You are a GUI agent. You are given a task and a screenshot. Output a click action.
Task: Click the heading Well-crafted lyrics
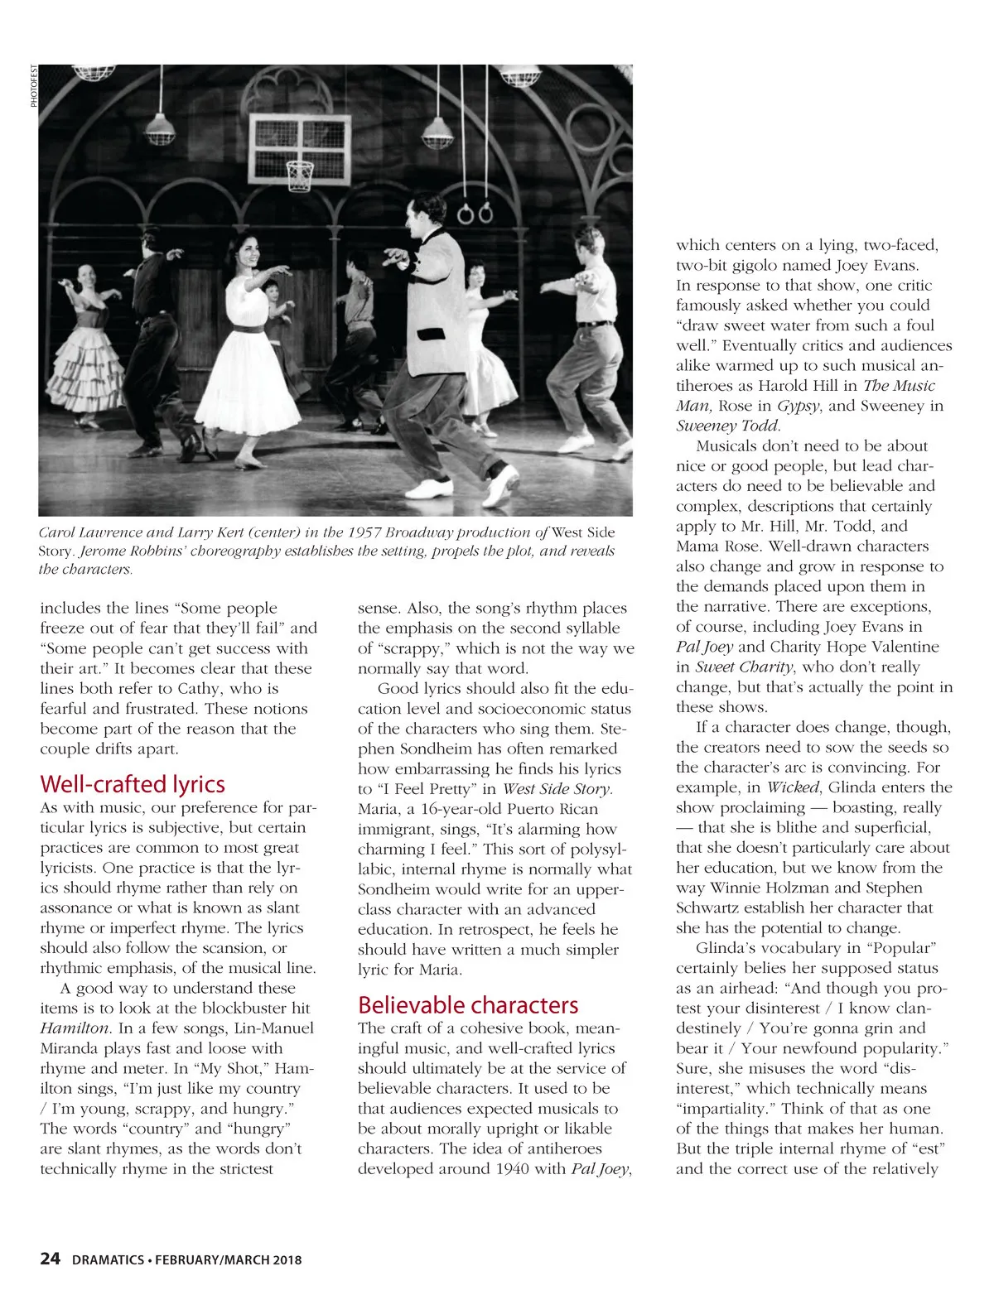pyautogui.click(x=133, y=783)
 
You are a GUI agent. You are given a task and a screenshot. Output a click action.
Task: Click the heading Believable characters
pyautogui.click(x=468, y=1004)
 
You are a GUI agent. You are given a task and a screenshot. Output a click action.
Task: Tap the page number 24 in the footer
pyautogui.click(x=50, y=1259)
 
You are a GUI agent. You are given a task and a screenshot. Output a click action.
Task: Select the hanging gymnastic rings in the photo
pyautogui.click(x=475, y=214)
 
